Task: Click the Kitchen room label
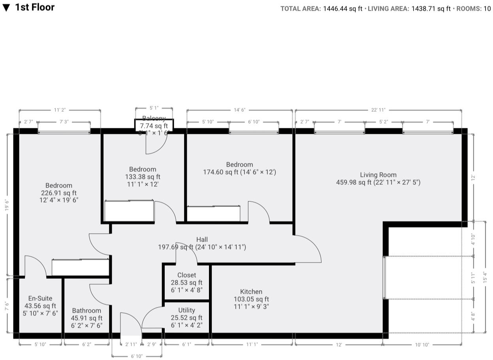[x=251, y=292]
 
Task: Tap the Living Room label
[x=378, y=175]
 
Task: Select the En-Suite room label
[x=40, y=298]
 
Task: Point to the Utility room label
[x=186, y=310]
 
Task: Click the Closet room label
[x=186, y=275]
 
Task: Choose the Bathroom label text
[x=87, y=311]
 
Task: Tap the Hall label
[x=202, y=240]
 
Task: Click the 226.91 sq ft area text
[x=59, y=193]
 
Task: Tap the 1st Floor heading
[x=35, y=7]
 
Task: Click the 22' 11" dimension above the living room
[x=378, y=110]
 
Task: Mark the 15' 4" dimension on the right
[x=485, y=276]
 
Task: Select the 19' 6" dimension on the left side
[x=7, y=205]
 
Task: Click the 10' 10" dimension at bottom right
[x=422, y=345]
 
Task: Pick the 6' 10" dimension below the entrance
[x=137, y=356]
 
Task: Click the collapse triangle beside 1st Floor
[x=6, y=8]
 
